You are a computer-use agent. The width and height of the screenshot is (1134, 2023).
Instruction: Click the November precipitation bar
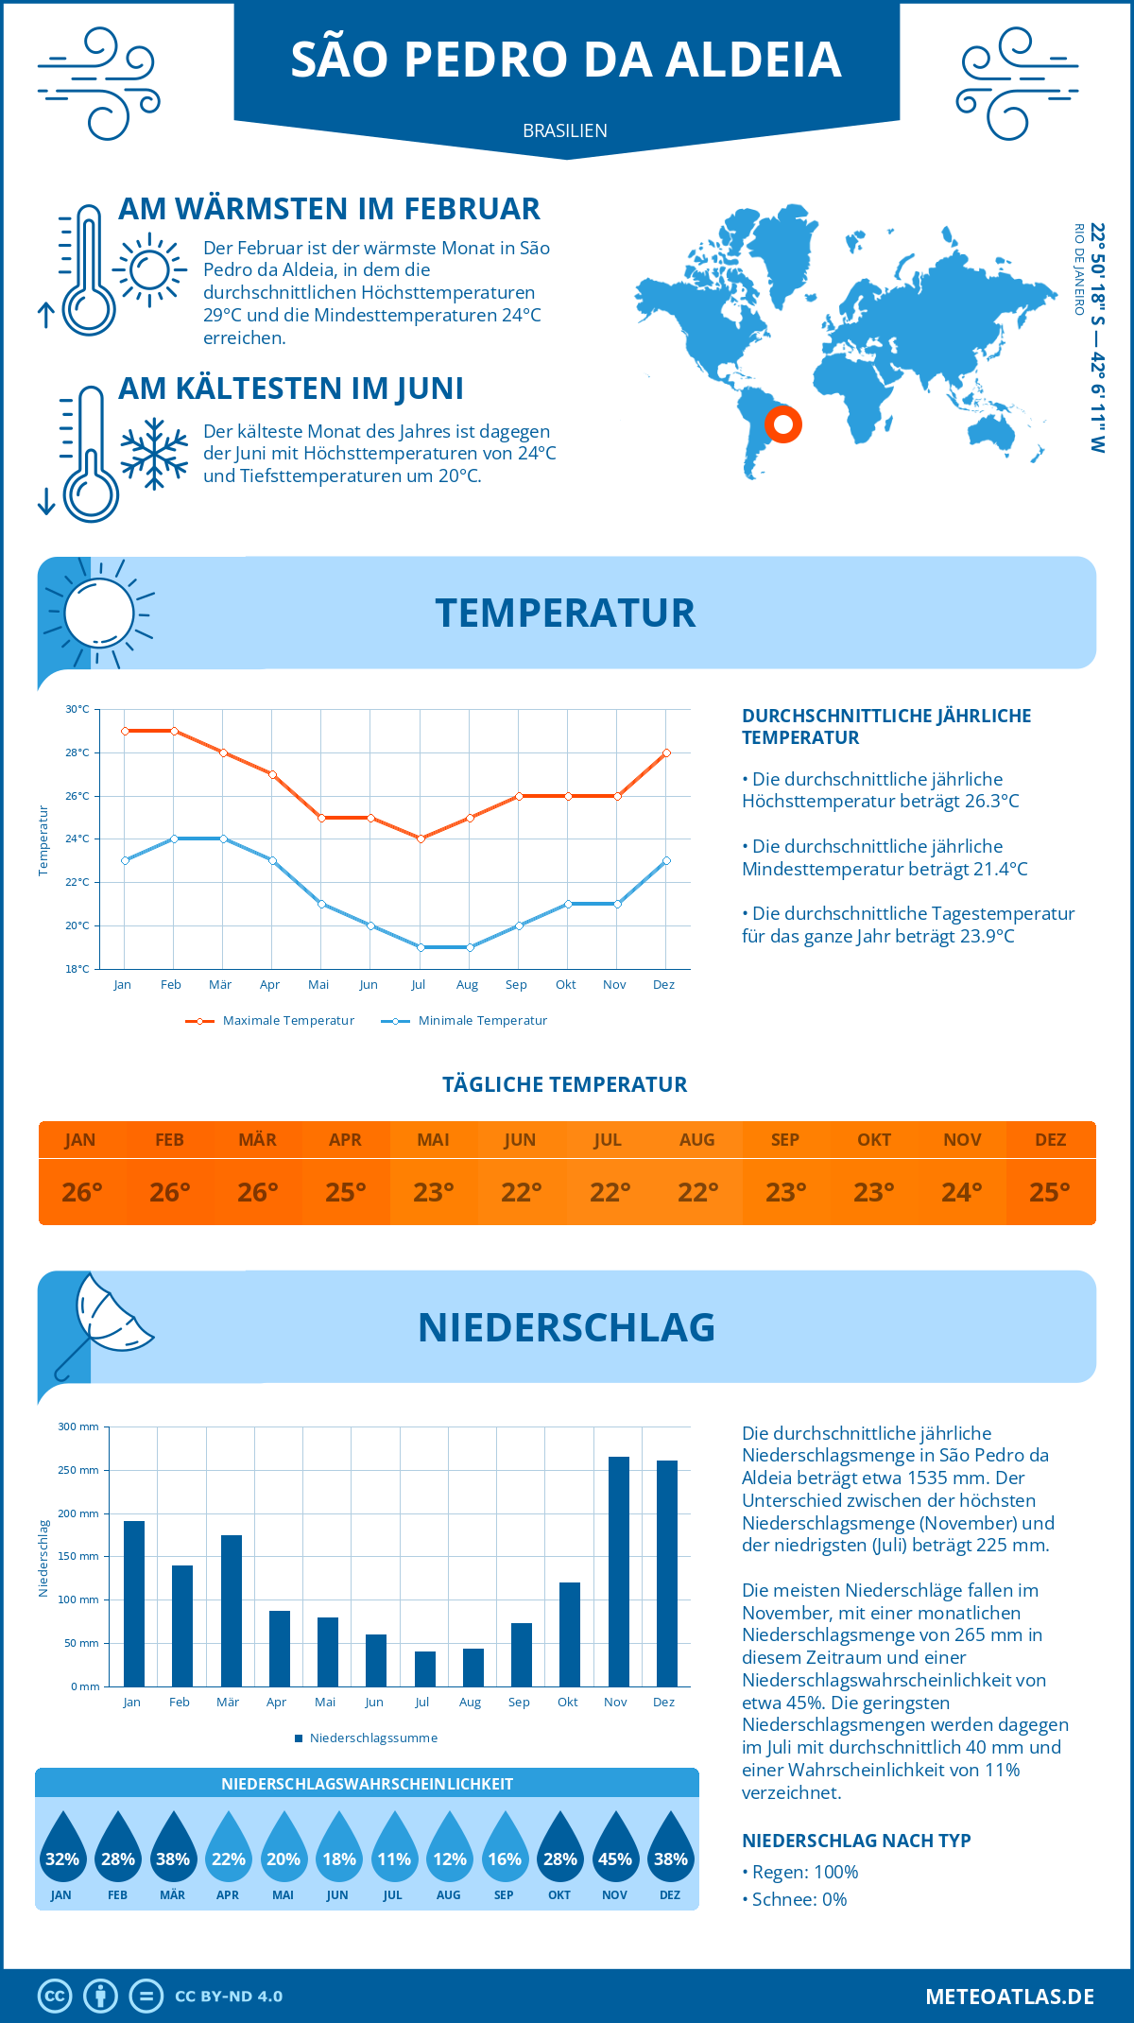tap(618, 1571)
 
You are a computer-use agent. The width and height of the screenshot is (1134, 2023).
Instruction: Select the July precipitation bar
tap(425, 1669)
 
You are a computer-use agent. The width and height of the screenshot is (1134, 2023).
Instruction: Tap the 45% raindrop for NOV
tap(615, 1846)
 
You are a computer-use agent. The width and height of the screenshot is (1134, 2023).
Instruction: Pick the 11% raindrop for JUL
tap(394, 1846)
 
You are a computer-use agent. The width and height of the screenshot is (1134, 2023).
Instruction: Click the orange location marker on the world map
tap(783, 424)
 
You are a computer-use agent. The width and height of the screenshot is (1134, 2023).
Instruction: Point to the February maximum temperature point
tap(174, 731)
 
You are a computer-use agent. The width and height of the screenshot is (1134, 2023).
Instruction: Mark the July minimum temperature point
tap(421, 947)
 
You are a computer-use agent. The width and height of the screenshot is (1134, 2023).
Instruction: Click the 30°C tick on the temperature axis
tap(77, 709)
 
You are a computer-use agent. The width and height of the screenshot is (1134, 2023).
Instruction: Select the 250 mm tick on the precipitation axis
tap(78, 1470)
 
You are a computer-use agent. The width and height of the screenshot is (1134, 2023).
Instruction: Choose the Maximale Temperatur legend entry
tap(271, 1021)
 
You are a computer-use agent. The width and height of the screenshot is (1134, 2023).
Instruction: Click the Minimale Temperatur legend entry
tap(465, 1021)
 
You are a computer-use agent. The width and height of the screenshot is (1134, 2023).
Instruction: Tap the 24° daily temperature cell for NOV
tap(962, 1192)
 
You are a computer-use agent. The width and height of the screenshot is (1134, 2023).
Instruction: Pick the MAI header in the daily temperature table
tap(434, 1140)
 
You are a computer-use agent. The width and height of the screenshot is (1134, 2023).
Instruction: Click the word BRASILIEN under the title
tap(565, 130)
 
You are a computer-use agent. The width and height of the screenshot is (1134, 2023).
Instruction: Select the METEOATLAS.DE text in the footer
tap(1009, 1997)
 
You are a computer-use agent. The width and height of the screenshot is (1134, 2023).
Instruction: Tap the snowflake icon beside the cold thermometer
tap(154, 454)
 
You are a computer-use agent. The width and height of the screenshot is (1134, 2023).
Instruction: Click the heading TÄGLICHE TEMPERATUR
tap(565, 1084)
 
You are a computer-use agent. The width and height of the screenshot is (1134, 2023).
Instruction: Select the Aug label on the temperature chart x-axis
tap(467, 985)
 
